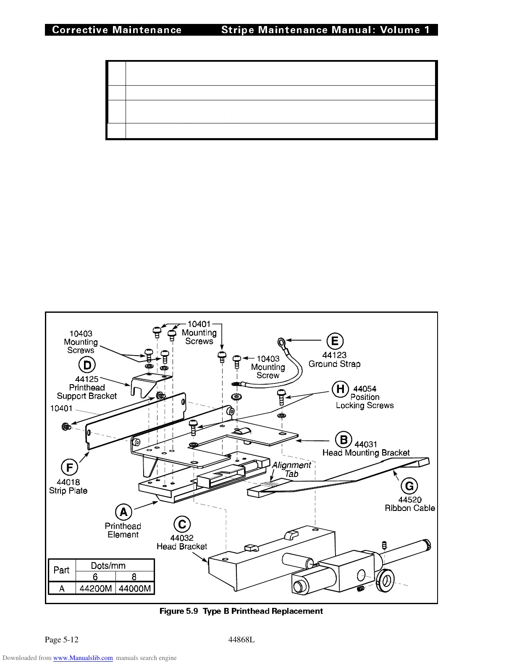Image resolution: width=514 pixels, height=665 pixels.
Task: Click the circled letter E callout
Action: coord(335,341)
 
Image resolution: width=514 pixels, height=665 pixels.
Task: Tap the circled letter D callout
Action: coord(87,365)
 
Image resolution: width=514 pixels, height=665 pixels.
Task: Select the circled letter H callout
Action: coord(341,389)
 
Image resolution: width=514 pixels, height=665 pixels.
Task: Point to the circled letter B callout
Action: coord(344,440)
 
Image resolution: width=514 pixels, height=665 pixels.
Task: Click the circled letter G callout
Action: coord(409,486)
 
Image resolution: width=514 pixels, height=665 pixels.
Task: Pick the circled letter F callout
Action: coord(69,468)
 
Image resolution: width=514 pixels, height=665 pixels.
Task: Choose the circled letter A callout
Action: coord(123,512)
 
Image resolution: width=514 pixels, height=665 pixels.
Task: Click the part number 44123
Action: coord(334,355)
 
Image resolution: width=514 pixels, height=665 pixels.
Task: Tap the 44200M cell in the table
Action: coord(96,589)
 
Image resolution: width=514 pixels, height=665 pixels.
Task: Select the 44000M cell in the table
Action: coord(135,589)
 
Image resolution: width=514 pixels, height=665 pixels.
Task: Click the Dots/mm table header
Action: coord(108,566)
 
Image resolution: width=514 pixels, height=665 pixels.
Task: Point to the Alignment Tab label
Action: coord(291,469)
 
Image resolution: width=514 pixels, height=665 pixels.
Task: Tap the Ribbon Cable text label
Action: coord(410,508)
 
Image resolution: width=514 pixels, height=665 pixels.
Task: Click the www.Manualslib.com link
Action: coord(83,658)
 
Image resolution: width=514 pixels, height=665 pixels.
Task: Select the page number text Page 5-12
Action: coord(62,640)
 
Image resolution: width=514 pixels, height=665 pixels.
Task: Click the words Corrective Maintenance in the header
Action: coord(117,30)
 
